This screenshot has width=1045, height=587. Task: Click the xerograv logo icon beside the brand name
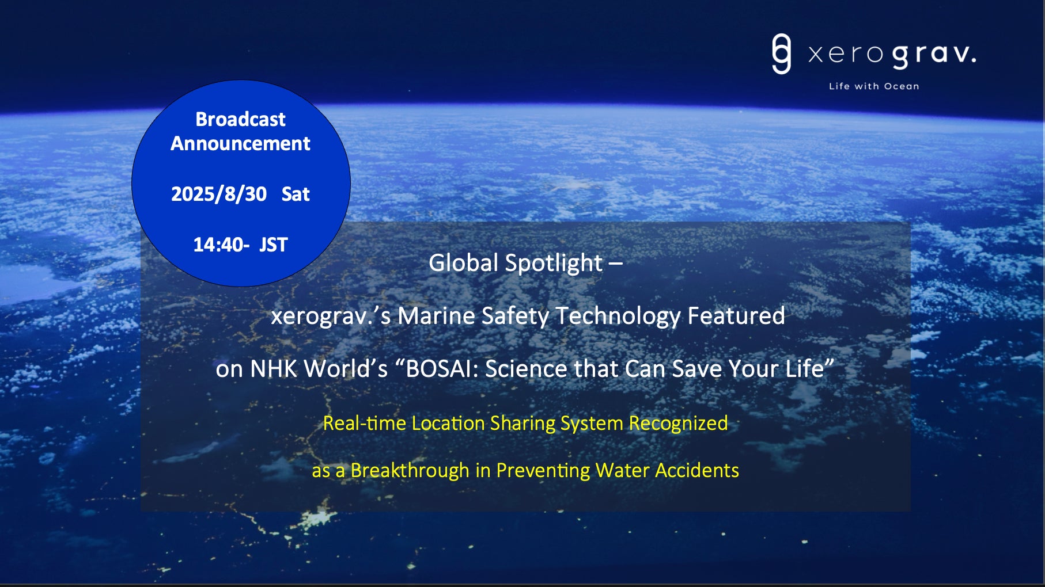tap(781, 54)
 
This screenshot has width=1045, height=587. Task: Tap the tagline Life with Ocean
tap(874, 86)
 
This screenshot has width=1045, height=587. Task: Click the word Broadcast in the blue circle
tap(240, 119)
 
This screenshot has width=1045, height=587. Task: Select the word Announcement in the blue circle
tap(240, 143)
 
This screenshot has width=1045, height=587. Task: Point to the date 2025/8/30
tap(219, 194)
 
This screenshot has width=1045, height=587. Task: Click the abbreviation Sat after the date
tap(296, 194)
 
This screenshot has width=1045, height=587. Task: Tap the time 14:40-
tap(221, 245)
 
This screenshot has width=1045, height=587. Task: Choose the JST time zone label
tap(273, 245)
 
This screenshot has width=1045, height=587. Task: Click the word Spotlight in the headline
tap(554, 264)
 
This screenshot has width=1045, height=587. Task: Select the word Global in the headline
tap(463, 263)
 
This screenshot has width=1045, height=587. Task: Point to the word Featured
tap(736, 316)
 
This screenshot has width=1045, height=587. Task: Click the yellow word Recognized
tap(678, 424)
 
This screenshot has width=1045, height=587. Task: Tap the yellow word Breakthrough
tap(410, 471)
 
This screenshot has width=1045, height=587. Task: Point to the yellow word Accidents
tap(697, 470)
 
